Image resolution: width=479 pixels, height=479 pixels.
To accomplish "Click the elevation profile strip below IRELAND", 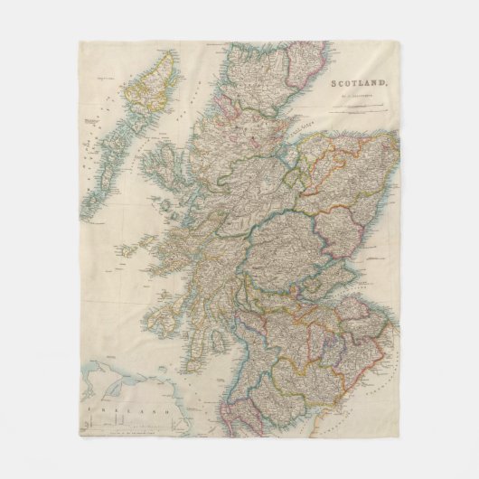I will click(x=136, y=430).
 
